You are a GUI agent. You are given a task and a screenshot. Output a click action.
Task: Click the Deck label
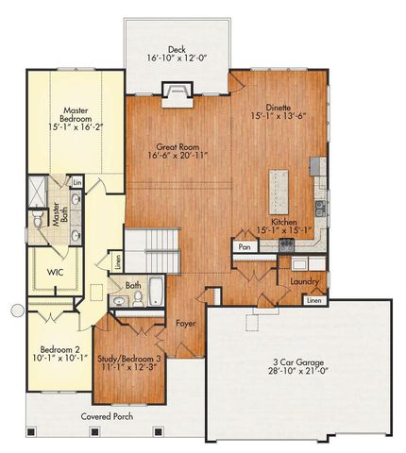click(176, 49)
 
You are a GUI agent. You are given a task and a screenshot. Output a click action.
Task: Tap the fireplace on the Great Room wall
click(177, 91)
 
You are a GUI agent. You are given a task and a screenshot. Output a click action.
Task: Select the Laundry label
click(304, 281)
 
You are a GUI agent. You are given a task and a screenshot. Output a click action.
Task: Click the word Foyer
click(186, 324)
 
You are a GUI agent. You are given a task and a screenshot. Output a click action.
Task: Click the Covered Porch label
click(106, 415)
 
